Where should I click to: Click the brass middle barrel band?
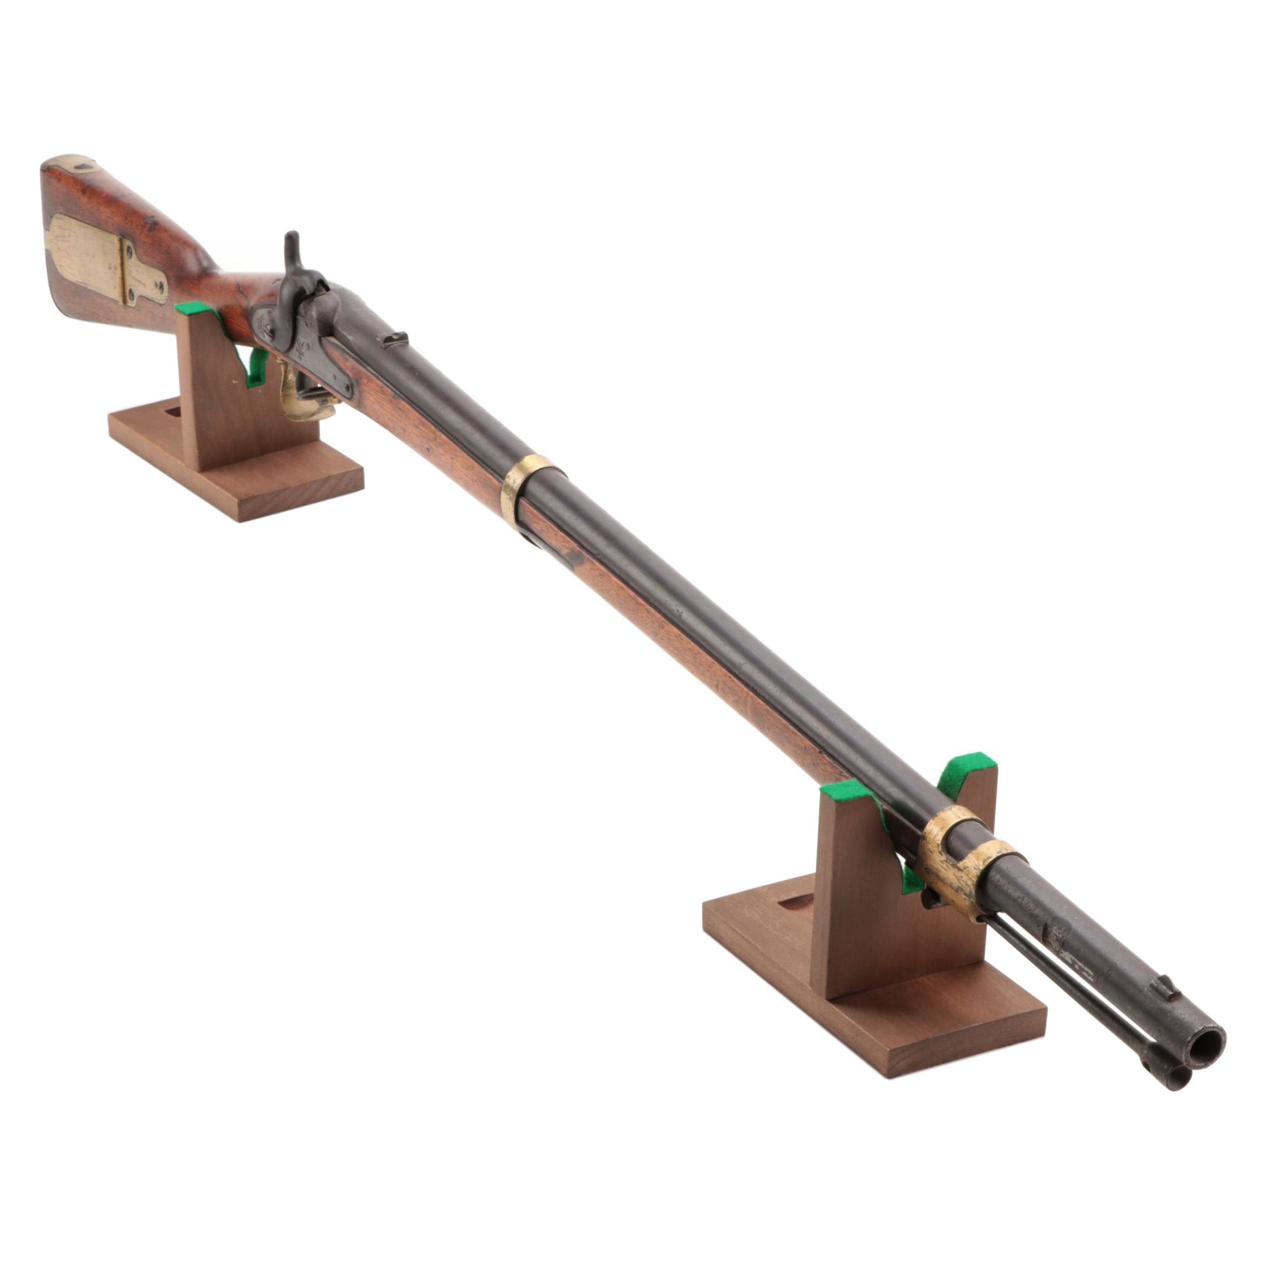tap(527, 484)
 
